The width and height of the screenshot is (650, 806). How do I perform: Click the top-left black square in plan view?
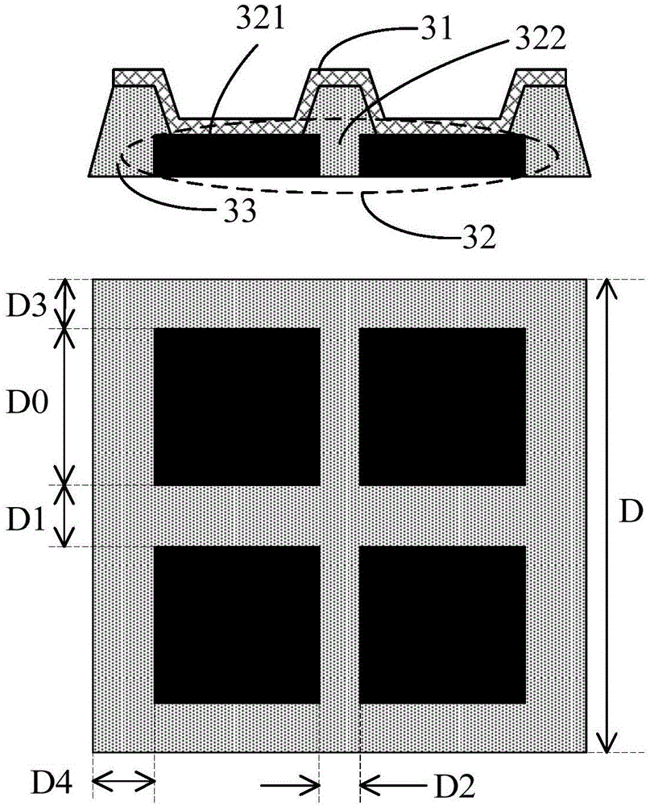(236, 406)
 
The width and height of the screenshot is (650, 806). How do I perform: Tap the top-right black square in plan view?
(442, 406)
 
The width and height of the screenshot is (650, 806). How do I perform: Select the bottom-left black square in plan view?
(236, 625)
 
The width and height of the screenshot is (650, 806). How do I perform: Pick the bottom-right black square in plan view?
(442, 625)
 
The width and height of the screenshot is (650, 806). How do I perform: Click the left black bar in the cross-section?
(236, 155)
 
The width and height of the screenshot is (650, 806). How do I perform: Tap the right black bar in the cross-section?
(442, 155)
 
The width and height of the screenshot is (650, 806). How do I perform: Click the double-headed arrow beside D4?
(123, 779)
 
